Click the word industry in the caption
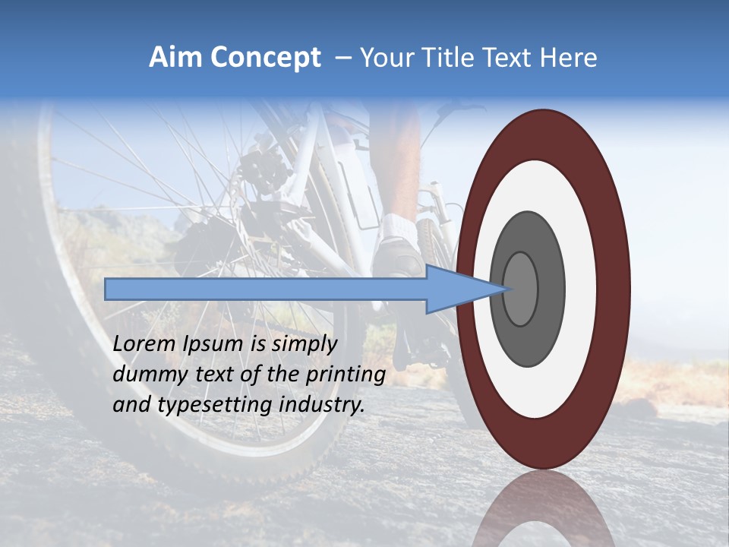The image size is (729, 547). tap(318, 405)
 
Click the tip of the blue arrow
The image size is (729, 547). tap(507, 289)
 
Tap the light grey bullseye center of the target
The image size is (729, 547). tap(520, 289)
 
